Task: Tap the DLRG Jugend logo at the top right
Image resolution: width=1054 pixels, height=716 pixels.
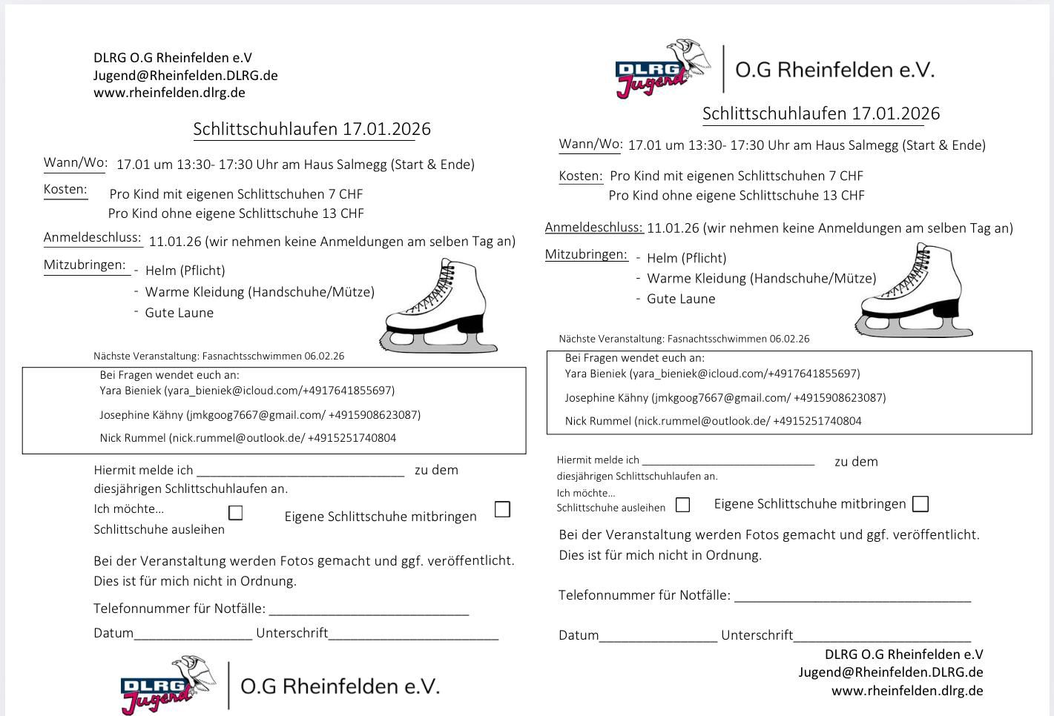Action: pyautogui.click(x=653, y=69)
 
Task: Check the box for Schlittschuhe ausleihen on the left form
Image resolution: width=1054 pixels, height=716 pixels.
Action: pyautogui.click(x=236, y=513)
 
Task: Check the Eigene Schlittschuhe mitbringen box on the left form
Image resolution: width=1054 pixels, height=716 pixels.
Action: pyautogui.click(x=502, y=509)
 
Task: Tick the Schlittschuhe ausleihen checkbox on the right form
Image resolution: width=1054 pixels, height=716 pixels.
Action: pyautogui.click(x=683, y=505)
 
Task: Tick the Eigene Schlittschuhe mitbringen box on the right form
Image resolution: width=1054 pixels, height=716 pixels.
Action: pyautogui.click(x=920, y=504)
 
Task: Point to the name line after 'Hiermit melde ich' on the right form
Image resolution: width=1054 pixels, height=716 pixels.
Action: pyautogui.click(x=728, y=461)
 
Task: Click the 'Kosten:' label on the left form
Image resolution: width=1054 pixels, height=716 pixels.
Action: pyautogui.click(x=65, y=189)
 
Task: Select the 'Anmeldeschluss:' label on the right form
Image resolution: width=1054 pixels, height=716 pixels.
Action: pyautogui.click(x=593, y=228)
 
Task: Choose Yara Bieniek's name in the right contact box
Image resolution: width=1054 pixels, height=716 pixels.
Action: pyautogui.click(x=596, y=374)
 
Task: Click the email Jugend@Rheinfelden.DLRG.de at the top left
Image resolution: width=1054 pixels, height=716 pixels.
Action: pyautogui.click(x=185, y=75)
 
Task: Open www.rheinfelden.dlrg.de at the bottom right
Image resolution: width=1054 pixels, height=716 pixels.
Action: pyautogui.click(x=907, y=691)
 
